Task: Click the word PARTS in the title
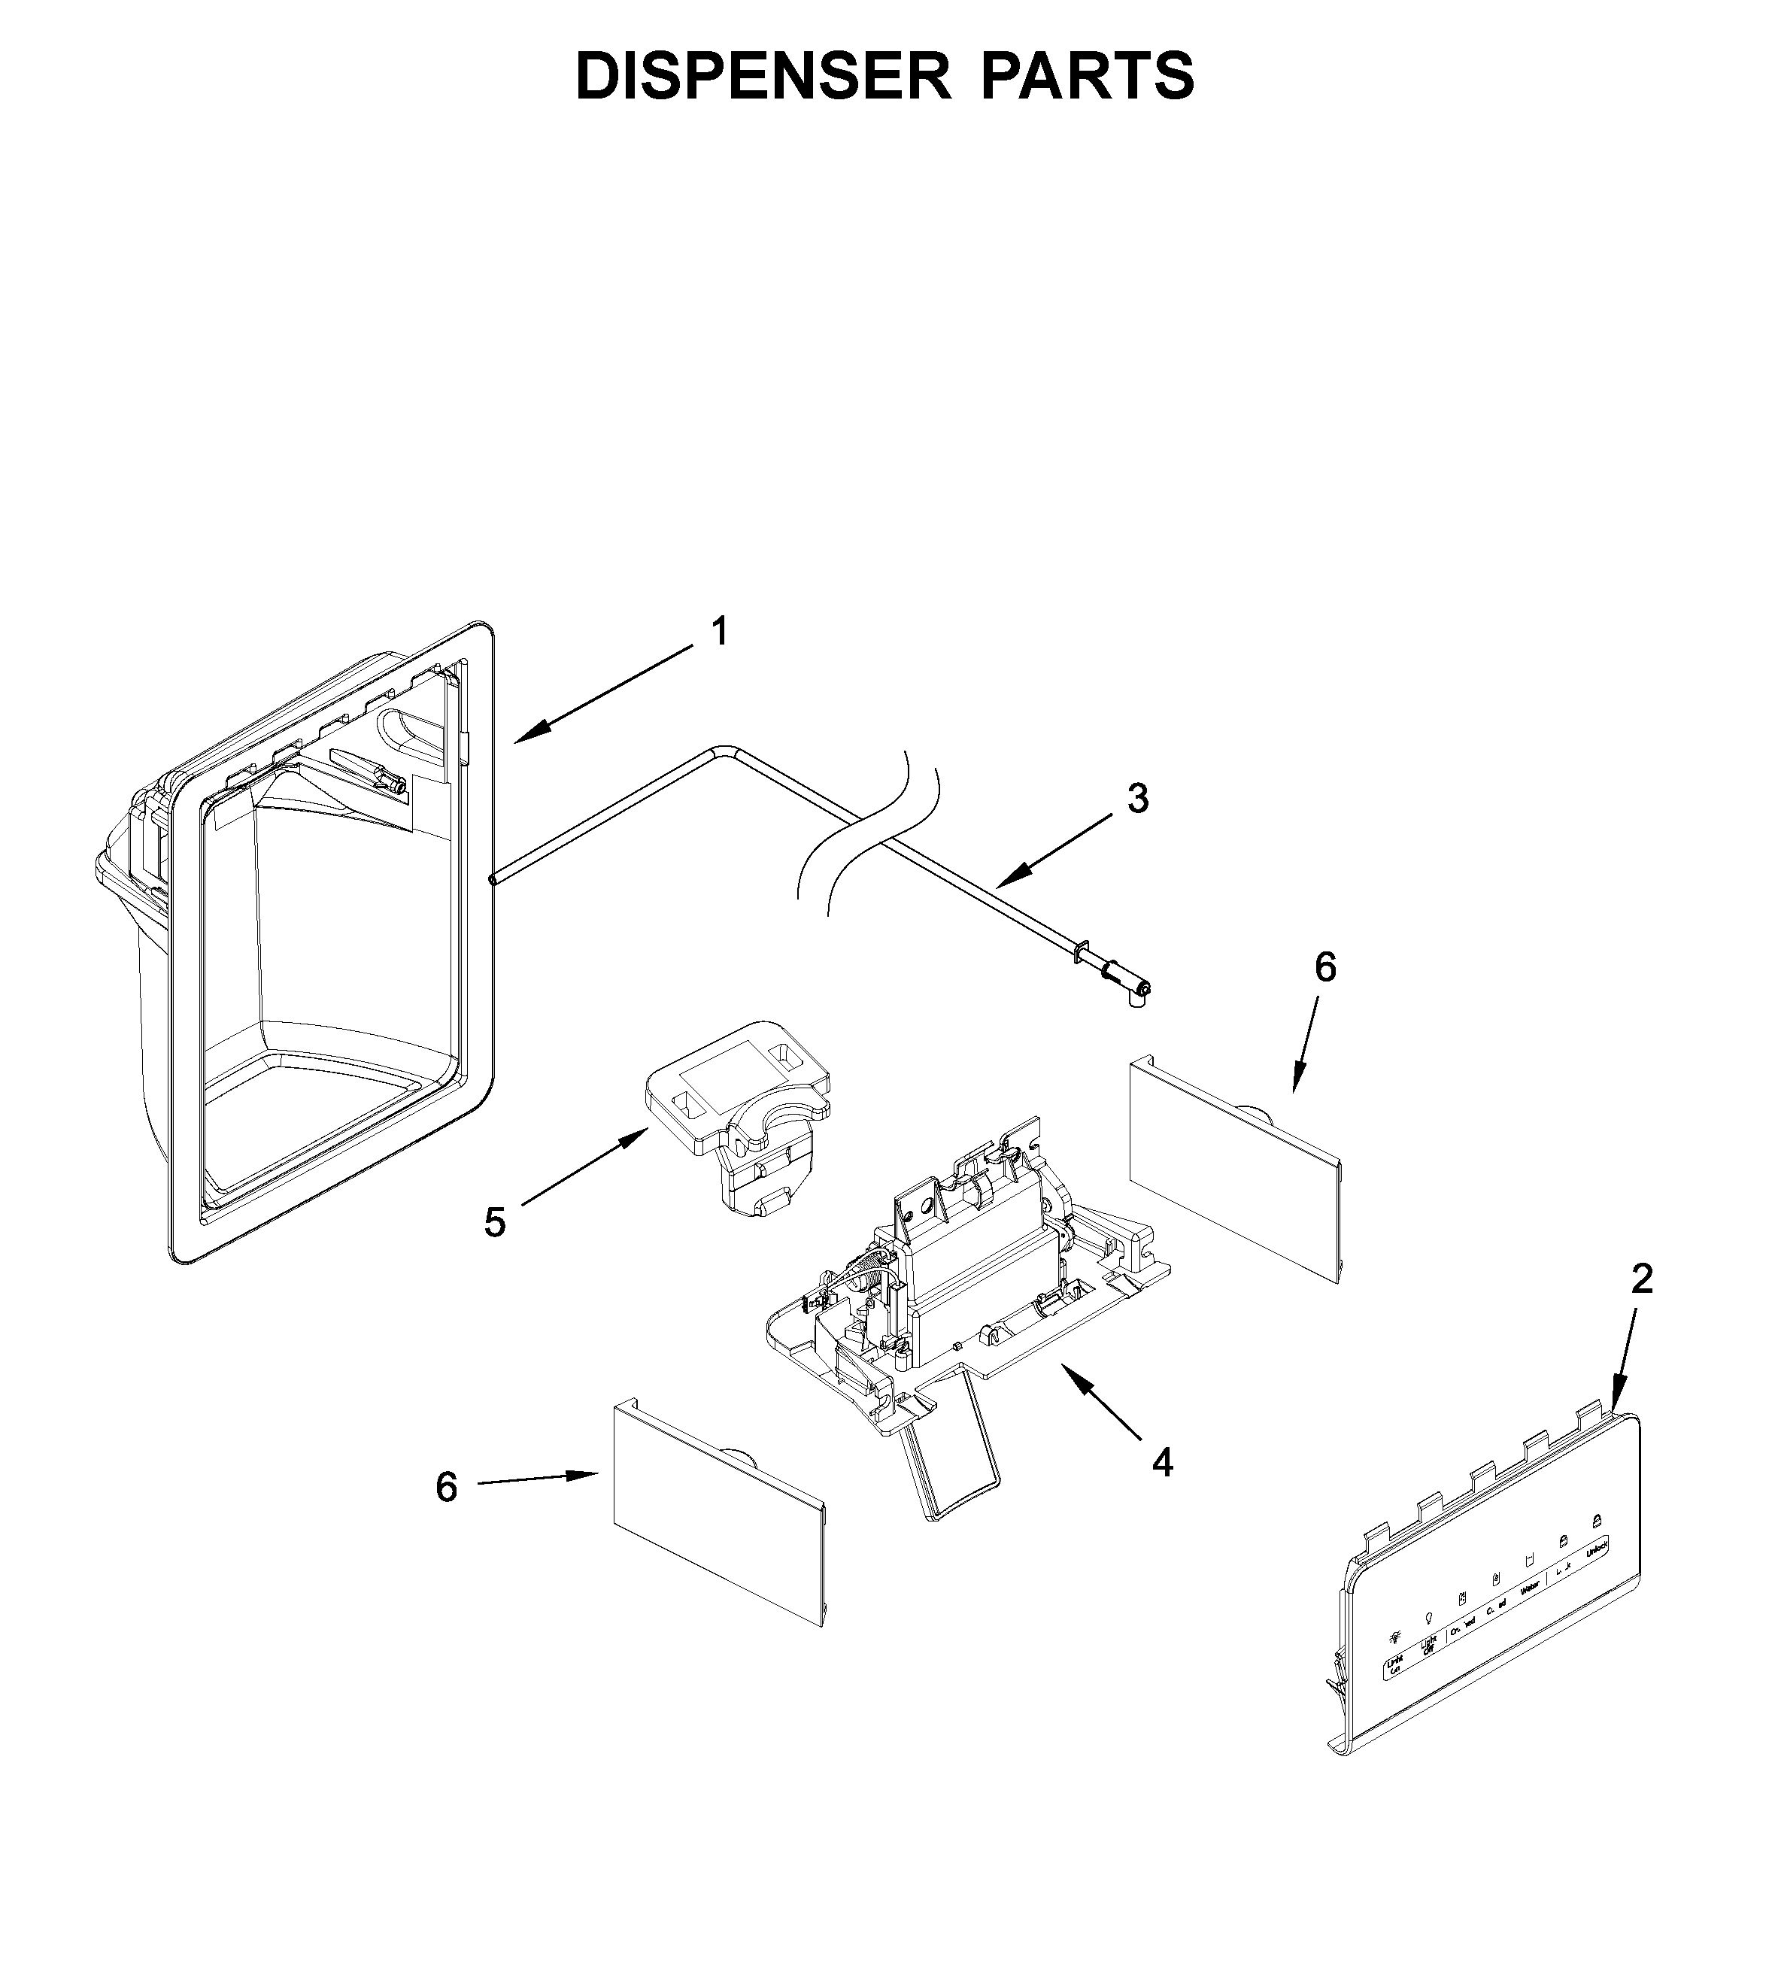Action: (1087, 76)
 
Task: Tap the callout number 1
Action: (719, 632)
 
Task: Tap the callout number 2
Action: (1643, 1279)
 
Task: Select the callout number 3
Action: (1138, 799)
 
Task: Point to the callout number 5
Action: (496, 1222)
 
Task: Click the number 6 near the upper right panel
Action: (1325, 967)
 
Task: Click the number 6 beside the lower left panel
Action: (447, 1487)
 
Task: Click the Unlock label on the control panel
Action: (1597, 1548)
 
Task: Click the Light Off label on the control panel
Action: (1430, 1646)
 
